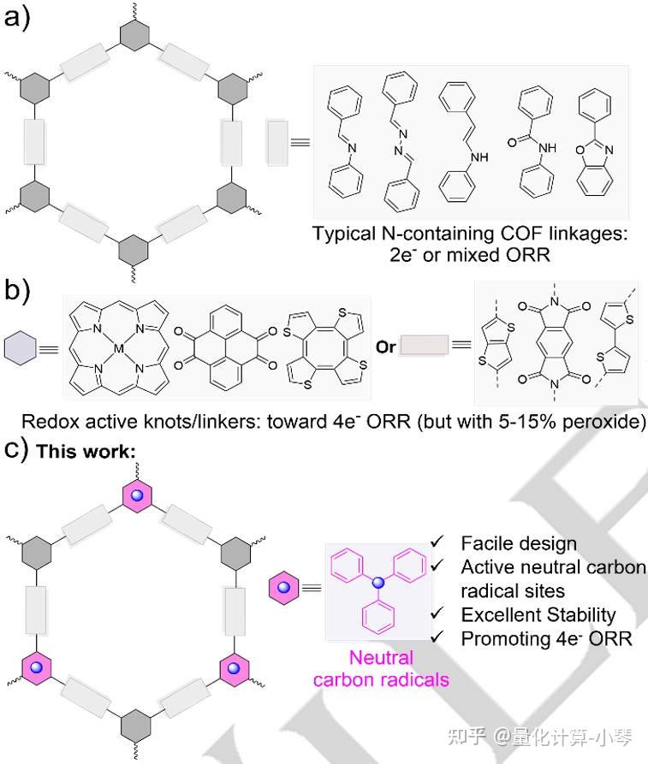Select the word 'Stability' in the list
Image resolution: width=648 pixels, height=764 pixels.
[x=581, y=614]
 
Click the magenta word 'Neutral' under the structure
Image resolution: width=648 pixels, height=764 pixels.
[x=380, y=658]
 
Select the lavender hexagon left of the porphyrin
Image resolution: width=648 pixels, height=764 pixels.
[x=20, y=348]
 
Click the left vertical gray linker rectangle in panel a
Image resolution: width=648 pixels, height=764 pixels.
[x=34, y=141]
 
